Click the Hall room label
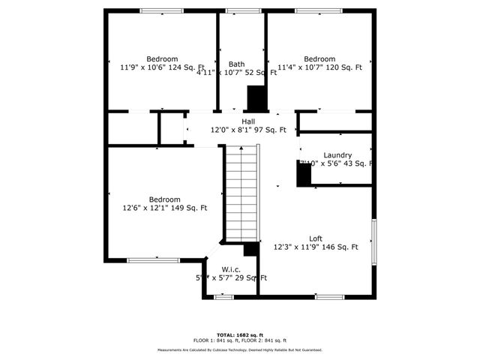tap(248, 121)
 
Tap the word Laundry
tap(337, 155)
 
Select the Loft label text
tap(316, 238)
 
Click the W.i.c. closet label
tap(230, 269)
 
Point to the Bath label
tap(236, 64)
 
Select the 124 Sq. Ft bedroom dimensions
tap(162, 67)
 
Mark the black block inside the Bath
tap(256, 97)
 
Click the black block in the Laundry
tap(304, 175)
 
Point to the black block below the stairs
tap(251, 249)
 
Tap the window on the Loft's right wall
tap(374, 242)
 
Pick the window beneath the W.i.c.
tap(223, 297)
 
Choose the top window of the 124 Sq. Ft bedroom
tap(162, 10)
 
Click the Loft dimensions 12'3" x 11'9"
tap(316, 247)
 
